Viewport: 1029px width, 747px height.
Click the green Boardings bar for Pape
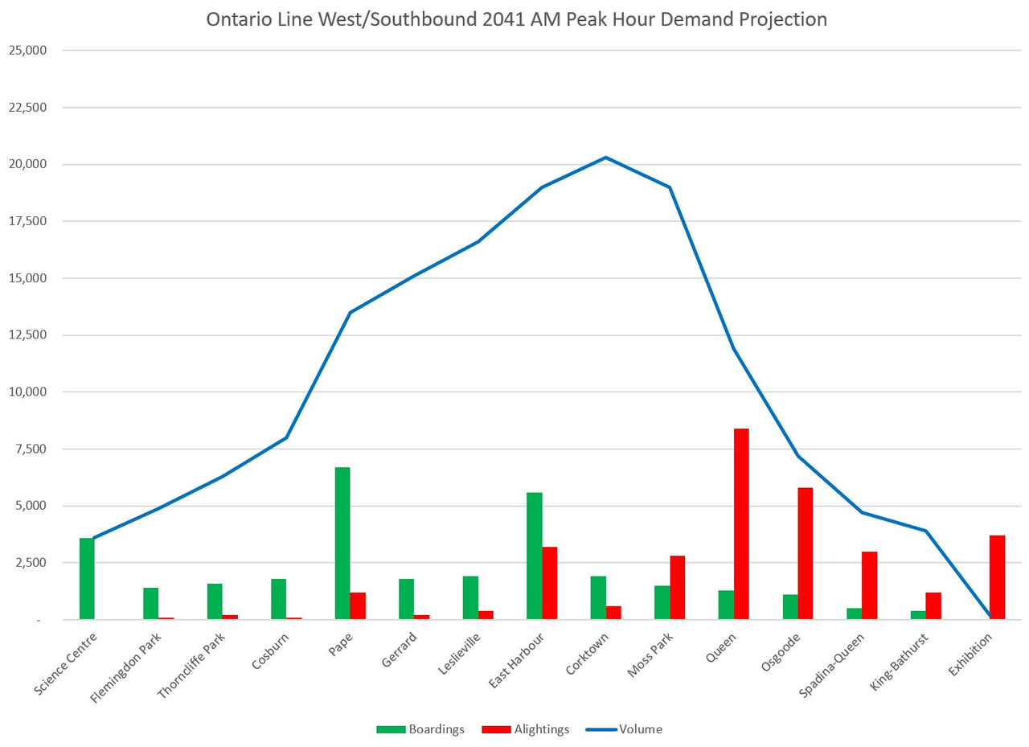pyautogui.click(x=342, y=543)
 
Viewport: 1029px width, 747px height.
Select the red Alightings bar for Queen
pyautogui.click(x=741, y=523)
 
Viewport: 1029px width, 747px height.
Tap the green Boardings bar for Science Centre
pyautogui.click(x=87, y=578)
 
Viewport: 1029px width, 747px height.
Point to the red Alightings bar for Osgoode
pyautogui.click(x=805, y=553)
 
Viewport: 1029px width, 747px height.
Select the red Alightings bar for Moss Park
pyautogui.click(x=677, y=587)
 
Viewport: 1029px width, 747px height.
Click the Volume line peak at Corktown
pyautogui.click(x=605, y=158)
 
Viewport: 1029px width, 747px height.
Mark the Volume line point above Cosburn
pyautogui.click(x=286, y=437)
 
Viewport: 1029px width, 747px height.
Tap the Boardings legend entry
pyautogui.click(x=420, y=729)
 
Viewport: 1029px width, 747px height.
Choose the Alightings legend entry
pyautogui.click(x=526, y=729)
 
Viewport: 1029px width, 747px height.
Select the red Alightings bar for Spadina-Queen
pyautogui.click(x=869, y=585)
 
